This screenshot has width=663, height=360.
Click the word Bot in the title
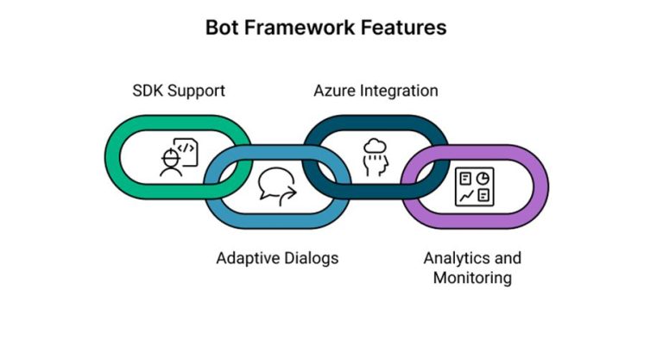click(222, 28)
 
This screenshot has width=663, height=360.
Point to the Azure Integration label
click(375, 91)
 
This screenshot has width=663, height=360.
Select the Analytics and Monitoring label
click(472, 268)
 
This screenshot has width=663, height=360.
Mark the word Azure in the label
click(331, 91)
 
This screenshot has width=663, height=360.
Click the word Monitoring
click(472, 278)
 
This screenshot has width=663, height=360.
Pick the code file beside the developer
click(187, 151)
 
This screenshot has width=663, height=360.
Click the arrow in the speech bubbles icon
click(285, 195)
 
